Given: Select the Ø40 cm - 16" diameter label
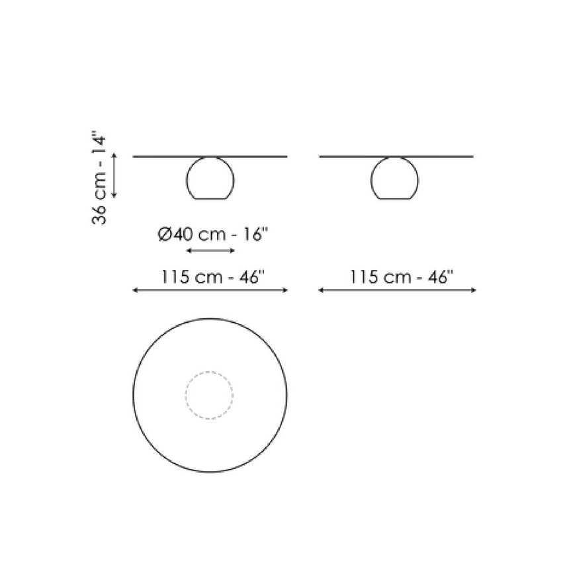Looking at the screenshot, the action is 213,234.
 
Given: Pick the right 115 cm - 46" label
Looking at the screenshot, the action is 402,277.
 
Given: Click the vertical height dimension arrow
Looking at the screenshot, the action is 114,175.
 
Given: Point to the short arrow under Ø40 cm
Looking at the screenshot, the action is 210,250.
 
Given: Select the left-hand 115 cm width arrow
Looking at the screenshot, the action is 210,290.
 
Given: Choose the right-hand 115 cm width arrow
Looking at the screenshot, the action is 397,290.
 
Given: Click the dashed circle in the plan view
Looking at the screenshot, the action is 209,372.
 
